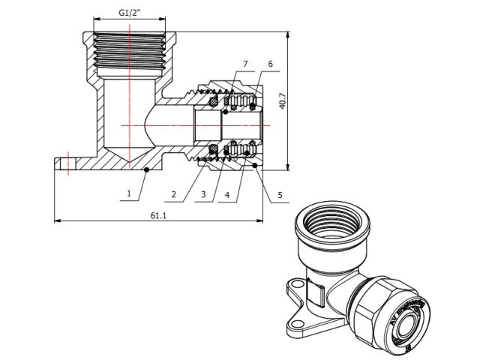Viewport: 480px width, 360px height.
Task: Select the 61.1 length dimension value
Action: [158, 214]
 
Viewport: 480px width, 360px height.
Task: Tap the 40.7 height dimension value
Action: [283, 102]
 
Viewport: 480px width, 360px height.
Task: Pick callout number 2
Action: [173, 195]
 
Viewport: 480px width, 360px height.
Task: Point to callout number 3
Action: [202, 195]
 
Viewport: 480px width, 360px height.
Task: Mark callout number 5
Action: [280, 195]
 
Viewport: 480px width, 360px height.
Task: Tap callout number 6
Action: [270, 65]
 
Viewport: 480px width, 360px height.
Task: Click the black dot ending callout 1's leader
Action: [146, 171]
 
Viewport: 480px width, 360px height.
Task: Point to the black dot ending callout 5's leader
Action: [256, 164]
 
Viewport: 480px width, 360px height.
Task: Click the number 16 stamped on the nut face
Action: [408, 346]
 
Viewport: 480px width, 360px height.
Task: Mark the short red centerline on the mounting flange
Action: [68, 162]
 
